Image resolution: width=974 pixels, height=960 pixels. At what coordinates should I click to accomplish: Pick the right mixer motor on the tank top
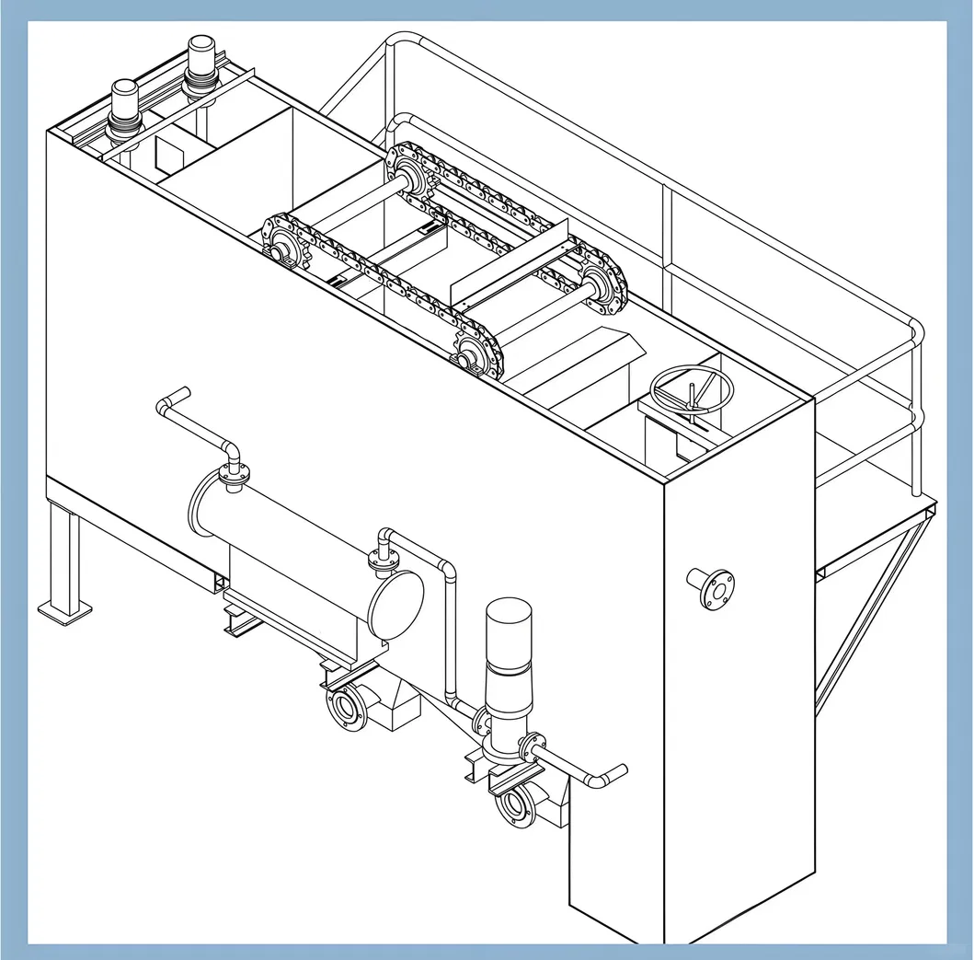(200, 64)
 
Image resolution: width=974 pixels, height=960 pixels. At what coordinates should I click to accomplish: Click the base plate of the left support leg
(64, 610)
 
